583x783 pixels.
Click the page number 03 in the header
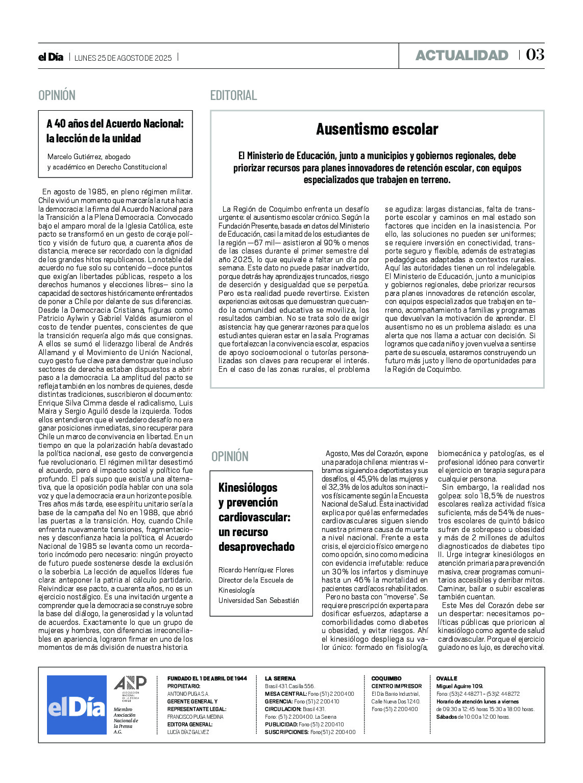(535, 55)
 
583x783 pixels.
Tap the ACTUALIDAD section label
(461, 55)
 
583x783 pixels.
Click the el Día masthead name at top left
(51, 57)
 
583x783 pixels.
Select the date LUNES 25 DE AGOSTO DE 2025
(123, 58)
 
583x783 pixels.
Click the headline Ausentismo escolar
(377, 129)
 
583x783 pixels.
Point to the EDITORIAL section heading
(233, 95)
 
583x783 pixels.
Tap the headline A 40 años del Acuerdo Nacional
(115, 123)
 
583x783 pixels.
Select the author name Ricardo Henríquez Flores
(256, 570)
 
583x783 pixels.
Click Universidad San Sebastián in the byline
(258, 600)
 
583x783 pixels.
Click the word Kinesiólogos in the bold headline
(248, 488)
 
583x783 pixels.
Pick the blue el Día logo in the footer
(77, 705)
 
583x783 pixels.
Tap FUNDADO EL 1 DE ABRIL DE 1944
(207, 678)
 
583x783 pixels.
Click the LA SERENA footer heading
(280, 678)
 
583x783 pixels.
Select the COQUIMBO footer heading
(386, 678)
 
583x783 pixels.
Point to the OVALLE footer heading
(447, 678)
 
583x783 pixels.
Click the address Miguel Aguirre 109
(459, 686)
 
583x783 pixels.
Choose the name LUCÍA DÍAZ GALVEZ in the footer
(188, 732)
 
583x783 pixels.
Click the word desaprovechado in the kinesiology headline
(256, 547)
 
